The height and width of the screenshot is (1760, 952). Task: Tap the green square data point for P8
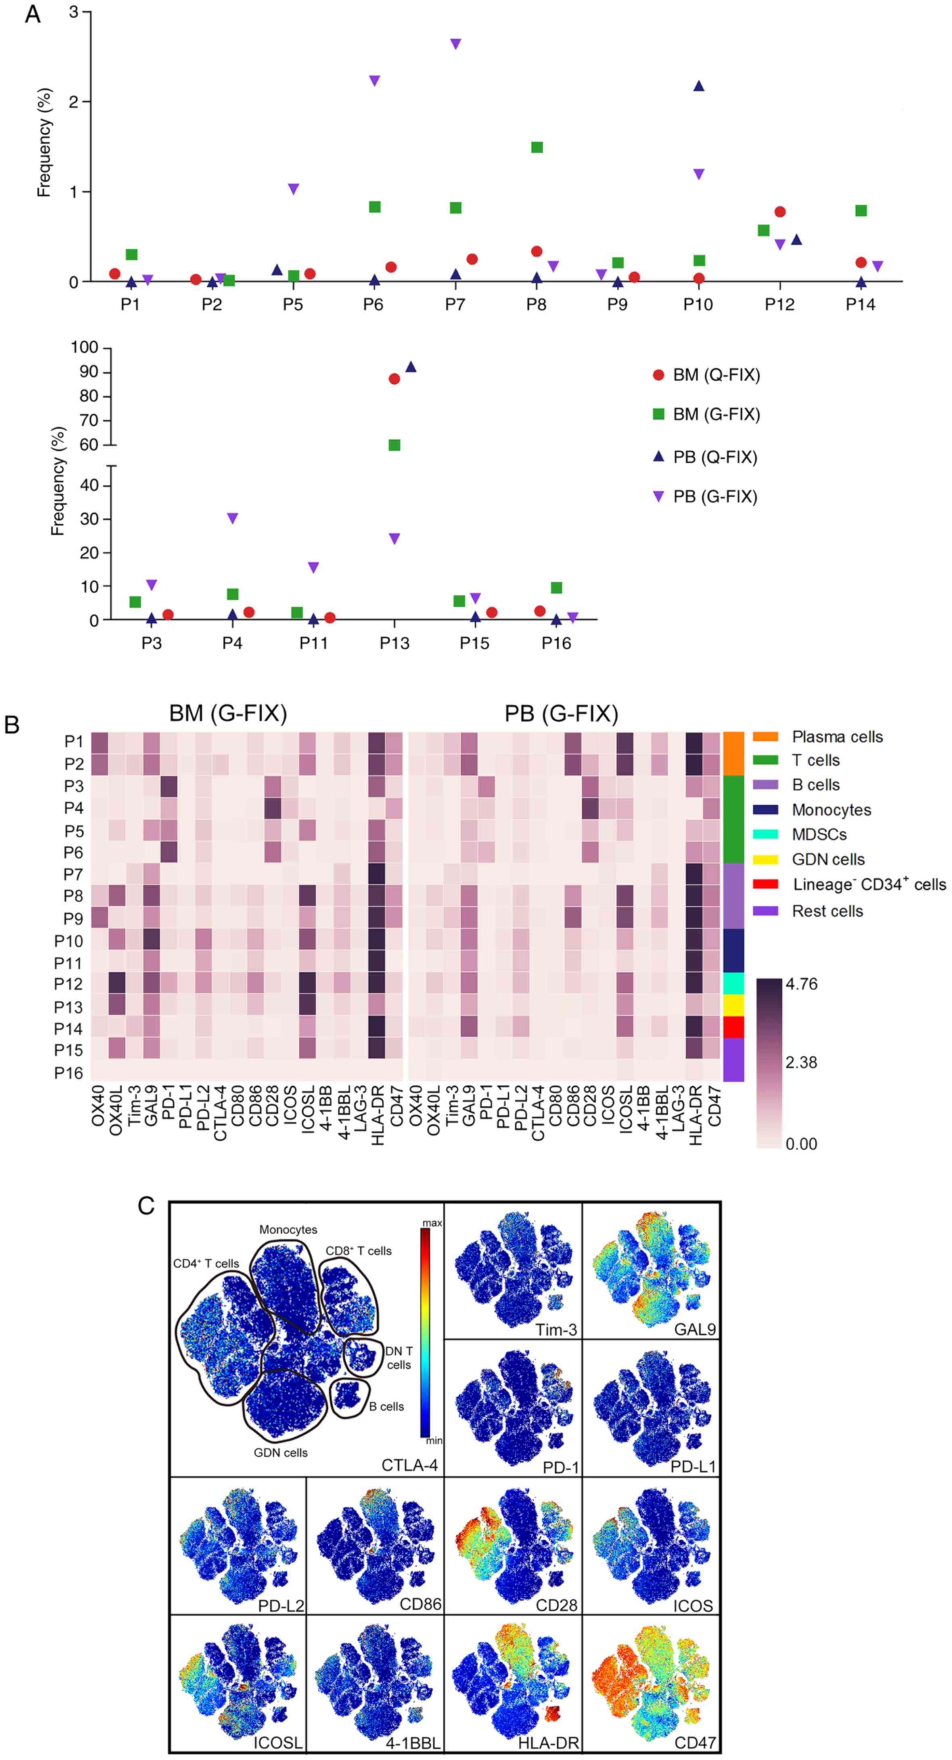[537, 147]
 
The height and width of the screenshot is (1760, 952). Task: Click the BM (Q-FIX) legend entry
[716, 375]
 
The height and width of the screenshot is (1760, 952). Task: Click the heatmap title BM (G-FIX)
[228, 714]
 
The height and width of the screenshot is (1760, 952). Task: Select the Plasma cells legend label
[837, 737]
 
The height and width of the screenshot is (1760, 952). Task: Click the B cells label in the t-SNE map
[387, 1407]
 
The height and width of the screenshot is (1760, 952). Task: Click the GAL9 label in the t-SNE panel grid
[695, 1329]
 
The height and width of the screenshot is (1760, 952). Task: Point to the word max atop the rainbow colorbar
[432, 1222]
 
